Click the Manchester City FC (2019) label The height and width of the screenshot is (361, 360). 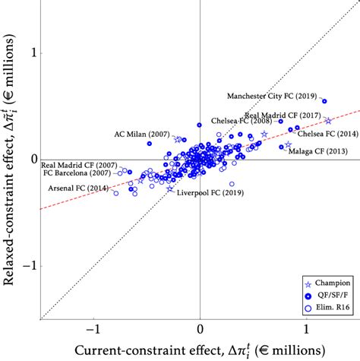tap(273, 97)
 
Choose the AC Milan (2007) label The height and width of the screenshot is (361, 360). tap(142, 133)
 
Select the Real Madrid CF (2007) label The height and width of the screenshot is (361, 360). tap(79, 164)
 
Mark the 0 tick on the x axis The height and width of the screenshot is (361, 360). tap(200, 331)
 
